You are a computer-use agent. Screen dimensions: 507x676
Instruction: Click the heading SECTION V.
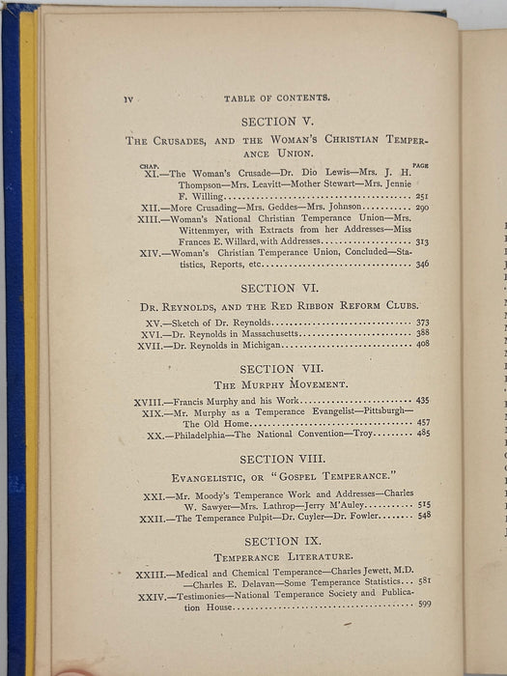[x=276, y=122]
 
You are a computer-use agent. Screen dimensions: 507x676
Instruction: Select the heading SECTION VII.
[x=279, y=368]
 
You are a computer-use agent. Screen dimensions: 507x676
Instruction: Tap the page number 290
[x=422, y=207]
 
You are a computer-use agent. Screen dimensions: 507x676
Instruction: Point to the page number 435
[x=423, y=400]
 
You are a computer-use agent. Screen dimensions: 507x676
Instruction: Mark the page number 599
[x=425, y=604]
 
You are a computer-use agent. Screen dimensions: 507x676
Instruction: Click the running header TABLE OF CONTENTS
[x=276, y=98]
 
